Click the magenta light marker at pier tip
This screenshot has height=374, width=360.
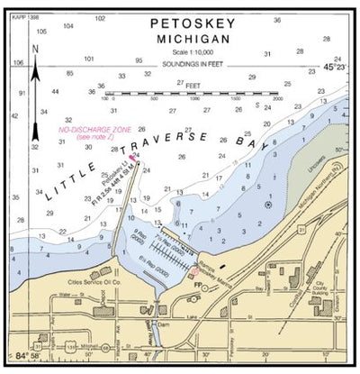point(132,159)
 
